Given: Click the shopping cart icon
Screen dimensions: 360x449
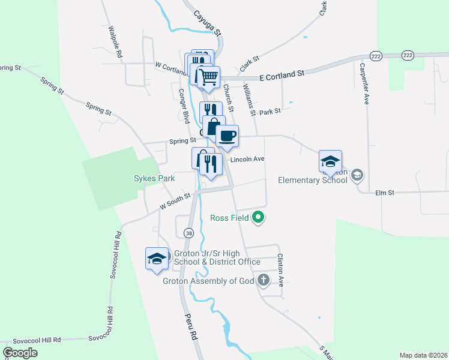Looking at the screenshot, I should [208, 77].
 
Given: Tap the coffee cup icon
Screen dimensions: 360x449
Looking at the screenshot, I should [228, 136].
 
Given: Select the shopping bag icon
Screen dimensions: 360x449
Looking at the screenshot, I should [214, 127].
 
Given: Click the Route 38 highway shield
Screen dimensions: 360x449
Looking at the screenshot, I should [189, 233].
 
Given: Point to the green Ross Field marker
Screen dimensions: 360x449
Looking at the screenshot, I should [259, 217].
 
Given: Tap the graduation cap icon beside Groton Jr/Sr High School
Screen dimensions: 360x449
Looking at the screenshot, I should [157, 259].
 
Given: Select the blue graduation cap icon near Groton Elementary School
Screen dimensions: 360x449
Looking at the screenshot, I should [330, 161].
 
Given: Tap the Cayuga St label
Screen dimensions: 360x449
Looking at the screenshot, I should [208, 22].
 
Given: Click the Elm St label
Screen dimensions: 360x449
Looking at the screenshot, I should [384, 193].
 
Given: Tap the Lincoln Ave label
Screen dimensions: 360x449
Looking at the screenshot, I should [247, 159].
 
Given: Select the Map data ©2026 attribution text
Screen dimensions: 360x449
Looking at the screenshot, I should [423, 355].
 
